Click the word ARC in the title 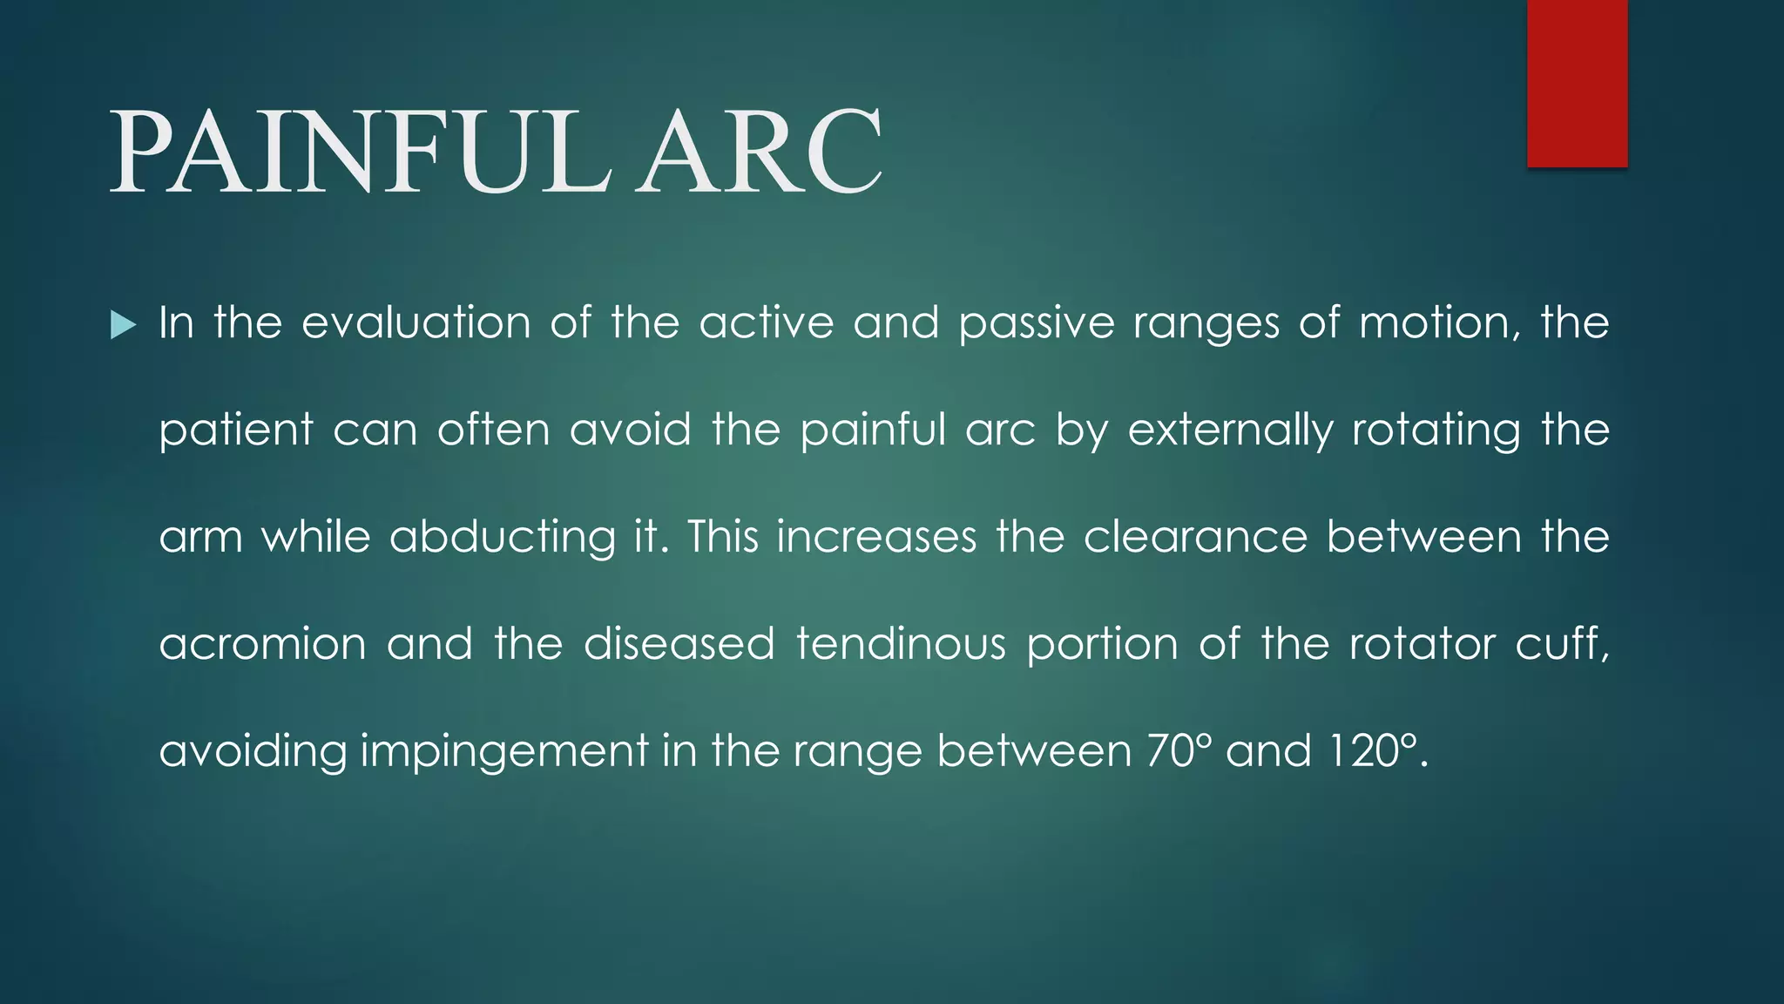click(759, 153)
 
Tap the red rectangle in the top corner click(1577, 83)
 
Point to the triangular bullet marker click(124, 326)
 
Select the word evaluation click(416, 322)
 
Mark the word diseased click(679, 644)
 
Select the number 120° click(1376, 750)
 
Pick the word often click(494, 430)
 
